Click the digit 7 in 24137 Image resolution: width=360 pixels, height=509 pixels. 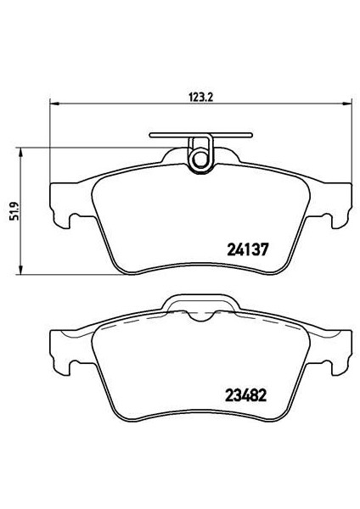point(266,250)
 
